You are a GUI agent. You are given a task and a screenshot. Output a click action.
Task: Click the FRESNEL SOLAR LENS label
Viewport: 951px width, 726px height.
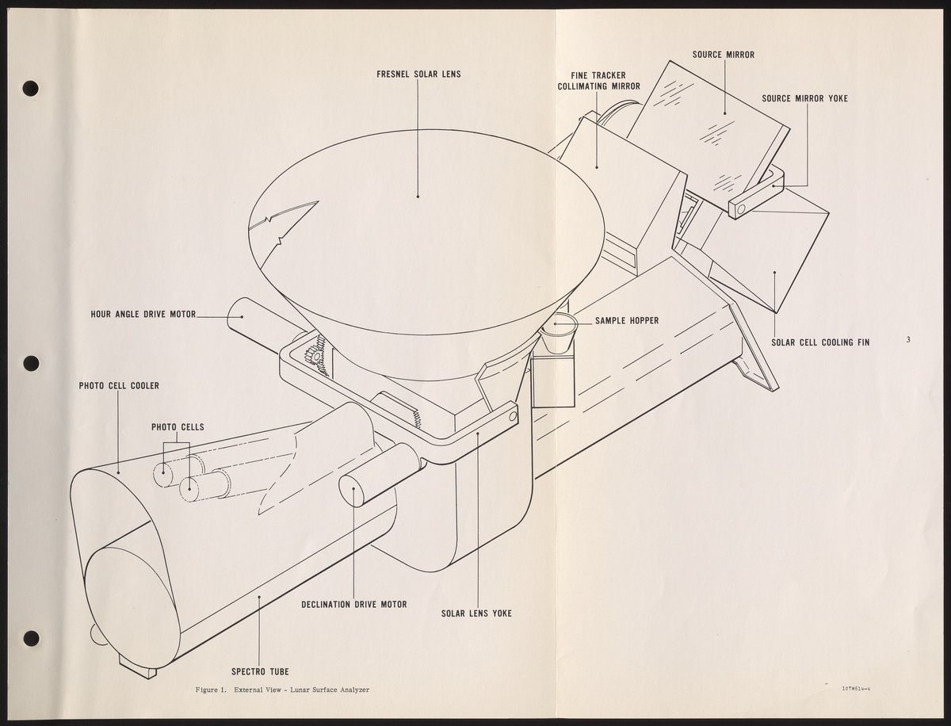coord(418,75)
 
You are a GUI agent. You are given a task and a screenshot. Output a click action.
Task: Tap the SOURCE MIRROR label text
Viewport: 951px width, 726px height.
coord(723,55)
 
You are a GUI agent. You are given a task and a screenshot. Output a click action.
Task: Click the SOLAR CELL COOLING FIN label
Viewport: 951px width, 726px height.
coord(820,342)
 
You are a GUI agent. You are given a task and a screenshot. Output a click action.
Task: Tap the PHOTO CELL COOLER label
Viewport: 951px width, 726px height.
coord(119,386)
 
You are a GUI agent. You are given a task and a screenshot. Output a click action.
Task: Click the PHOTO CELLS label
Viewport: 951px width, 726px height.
coord(178,426)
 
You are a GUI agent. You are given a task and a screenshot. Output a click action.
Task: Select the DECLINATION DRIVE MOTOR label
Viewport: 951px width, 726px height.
coord(354,604)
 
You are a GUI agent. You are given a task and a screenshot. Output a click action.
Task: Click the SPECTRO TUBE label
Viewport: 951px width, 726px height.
coord(259,671)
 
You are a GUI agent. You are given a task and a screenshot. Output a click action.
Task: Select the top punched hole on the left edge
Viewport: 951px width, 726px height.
coord(31,87)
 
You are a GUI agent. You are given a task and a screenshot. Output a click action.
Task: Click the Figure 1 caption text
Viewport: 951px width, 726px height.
coord(282,690)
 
